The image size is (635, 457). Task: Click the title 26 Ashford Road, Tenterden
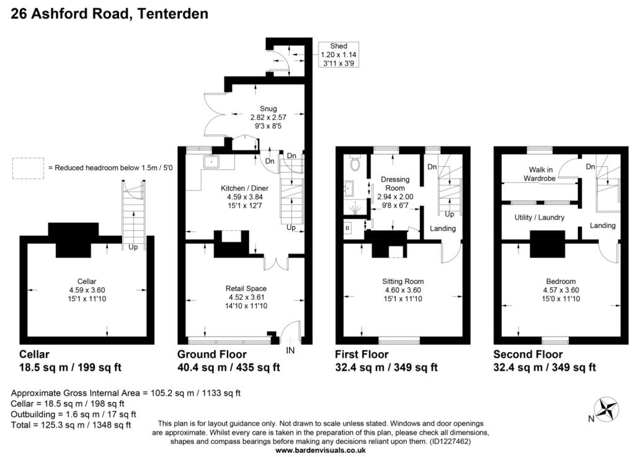point(110,13)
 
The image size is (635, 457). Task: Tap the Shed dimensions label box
point(339,55)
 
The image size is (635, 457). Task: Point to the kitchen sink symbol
point(211,162)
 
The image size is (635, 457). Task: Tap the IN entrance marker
point(290,350)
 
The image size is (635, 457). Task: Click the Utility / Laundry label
point(539,218)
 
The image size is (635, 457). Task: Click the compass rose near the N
point(606,410)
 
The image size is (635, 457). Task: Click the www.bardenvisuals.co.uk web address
point(320,451)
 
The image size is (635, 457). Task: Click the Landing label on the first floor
point(443,229)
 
